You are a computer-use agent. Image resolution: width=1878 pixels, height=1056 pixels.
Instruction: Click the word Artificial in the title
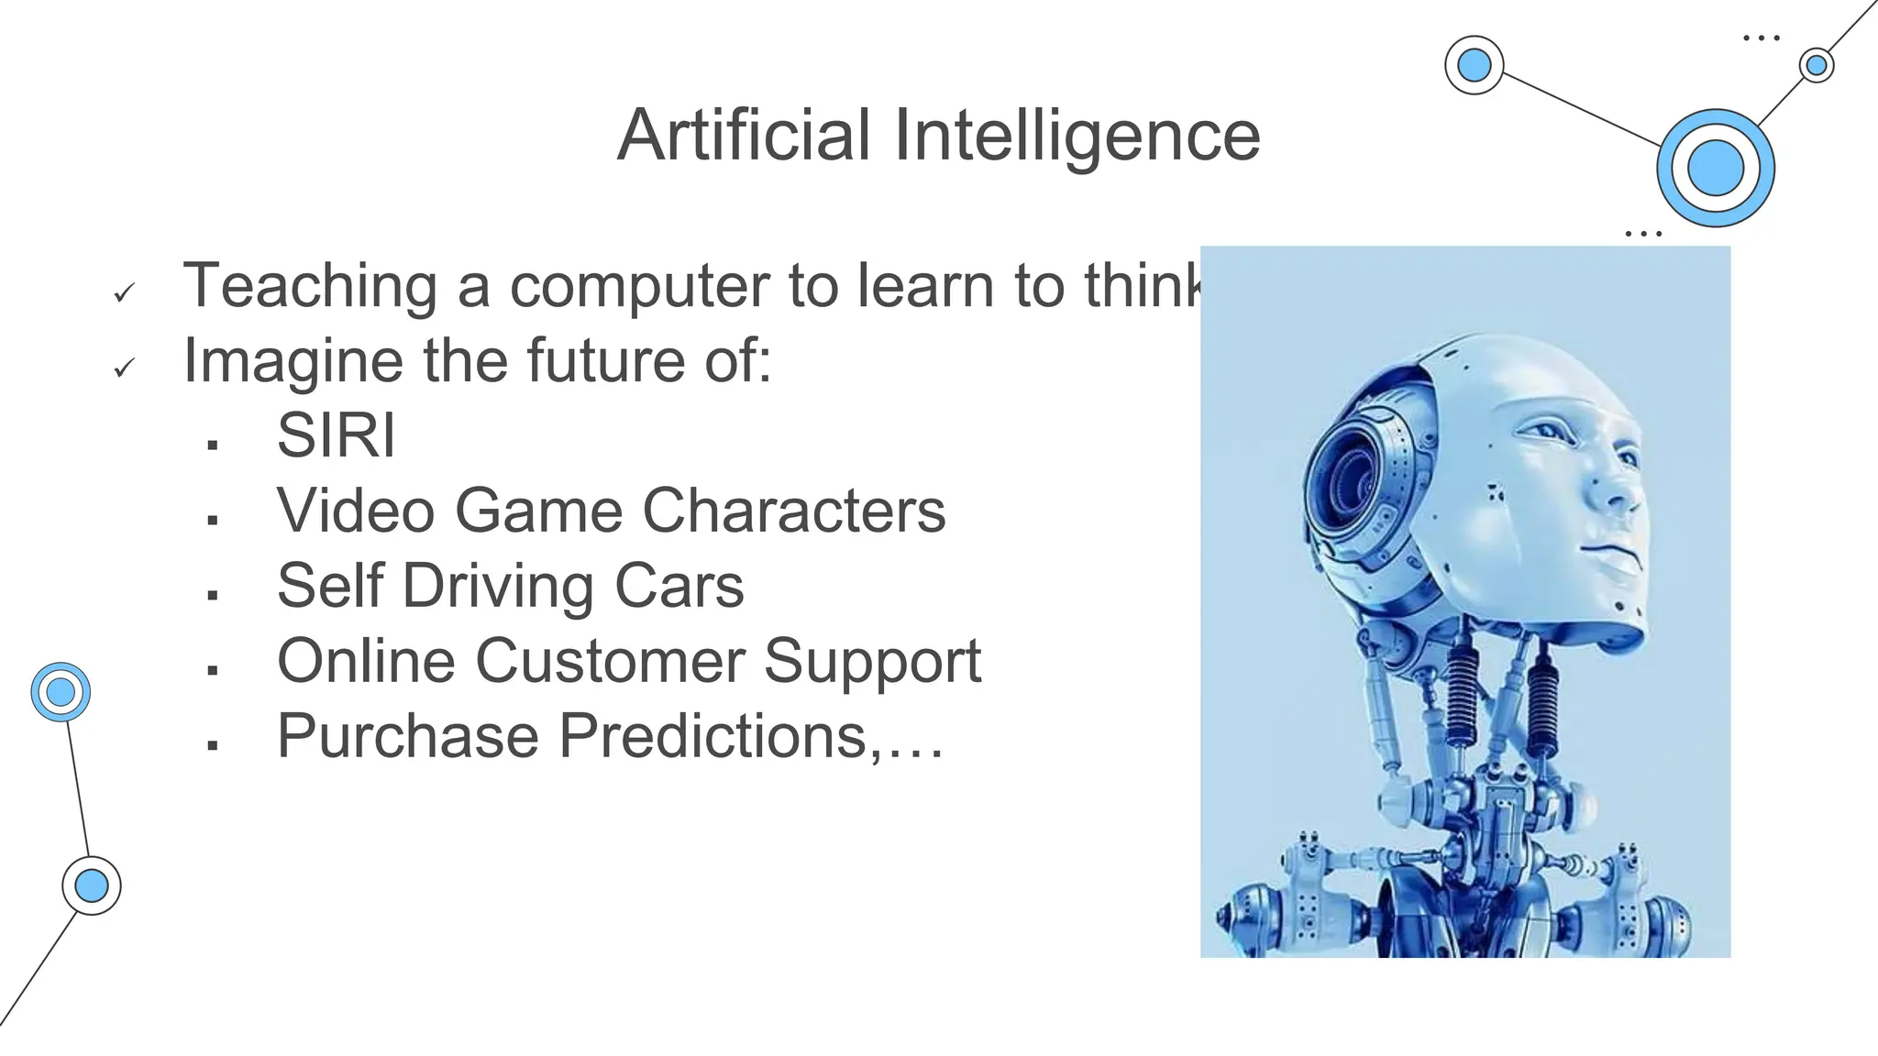(x=744, y=136)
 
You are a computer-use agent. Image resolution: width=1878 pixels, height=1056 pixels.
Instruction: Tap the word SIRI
(x=336, y=435)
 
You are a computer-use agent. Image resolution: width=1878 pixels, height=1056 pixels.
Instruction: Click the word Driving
(x=498, y=587)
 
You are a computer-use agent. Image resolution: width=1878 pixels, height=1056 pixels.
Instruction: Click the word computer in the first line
(x=640, y=286)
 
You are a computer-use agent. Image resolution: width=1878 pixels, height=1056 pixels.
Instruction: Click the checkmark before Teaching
(x=124, y=293)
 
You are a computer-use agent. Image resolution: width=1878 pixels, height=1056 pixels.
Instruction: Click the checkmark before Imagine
(x=124, y=368)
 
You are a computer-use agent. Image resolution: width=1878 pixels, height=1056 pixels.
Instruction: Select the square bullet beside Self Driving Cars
(x=213, y=595)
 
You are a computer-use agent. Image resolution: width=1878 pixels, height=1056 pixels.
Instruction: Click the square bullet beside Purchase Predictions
(x=213, y=745)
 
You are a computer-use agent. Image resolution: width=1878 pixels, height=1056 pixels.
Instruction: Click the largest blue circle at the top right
(x=1715, y=168)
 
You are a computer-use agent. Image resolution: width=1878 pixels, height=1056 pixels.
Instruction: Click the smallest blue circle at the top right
(x=1816, y=65)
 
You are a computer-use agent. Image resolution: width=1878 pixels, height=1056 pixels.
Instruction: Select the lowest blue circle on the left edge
(x=92, y=885)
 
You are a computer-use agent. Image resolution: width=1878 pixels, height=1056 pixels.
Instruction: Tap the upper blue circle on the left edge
(x=61, y=692)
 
